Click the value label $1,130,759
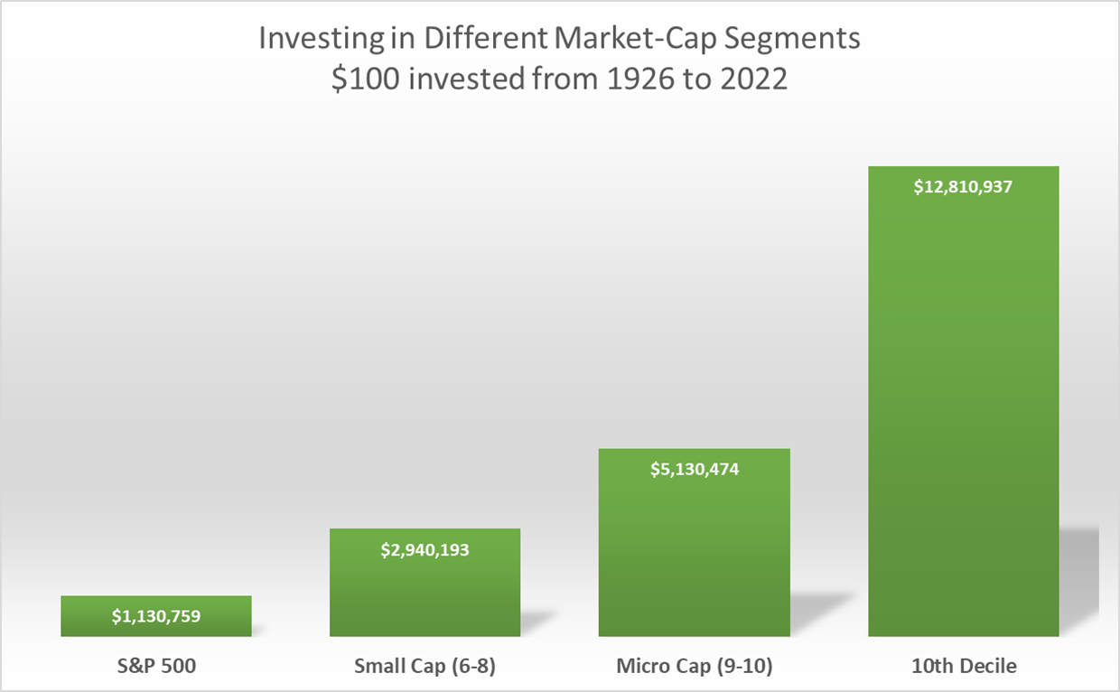(156, 617)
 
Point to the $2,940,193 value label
(425, 549)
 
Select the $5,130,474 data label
(694, 470)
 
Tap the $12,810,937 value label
(963, 188)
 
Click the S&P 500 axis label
(156, 667)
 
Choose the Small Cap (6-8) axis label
(425, 667)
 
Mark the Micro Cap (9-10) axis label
(694, 667)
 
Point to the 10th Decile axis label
(963, 667)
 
